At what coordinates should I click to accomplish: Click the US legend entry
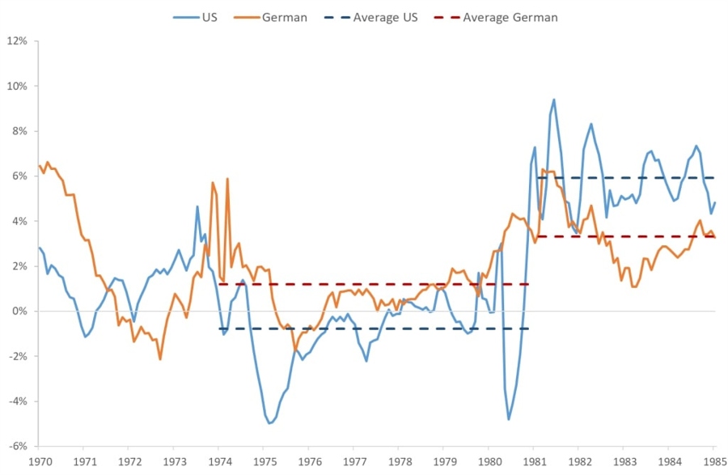pyautogui.click(x=200, y=17)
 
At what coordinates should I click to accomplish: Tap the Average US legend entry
pyautogui.click(x=375, y=17)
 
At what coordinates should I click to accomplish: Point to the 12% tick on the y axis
pyautogui.click(x=17, y=40)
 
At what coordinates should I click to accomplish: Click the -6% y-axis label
pyautogui.click(x=17, y=447)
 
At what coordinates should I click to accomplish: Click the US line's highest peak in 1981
pyautogui.click(x=553, y=100)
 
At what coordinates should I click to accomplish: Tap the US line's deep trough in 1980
pyautogui.click(x=509, y=419)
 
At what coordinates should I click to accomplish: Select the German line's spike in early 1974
pyautogui.click(x=227, y=179)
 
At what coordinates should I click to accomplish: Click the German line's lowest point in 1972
pyautogui.click(x=160, y=359)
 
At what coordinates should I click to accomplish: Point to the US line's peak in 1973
pyautogui.click(x=197, y=206)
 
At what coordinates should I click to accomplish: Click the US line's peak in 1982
pyautogui.click(x=591, y=124)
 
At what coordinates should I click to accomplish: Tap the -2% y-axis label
pyautogui.click(x=17, y=357)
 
